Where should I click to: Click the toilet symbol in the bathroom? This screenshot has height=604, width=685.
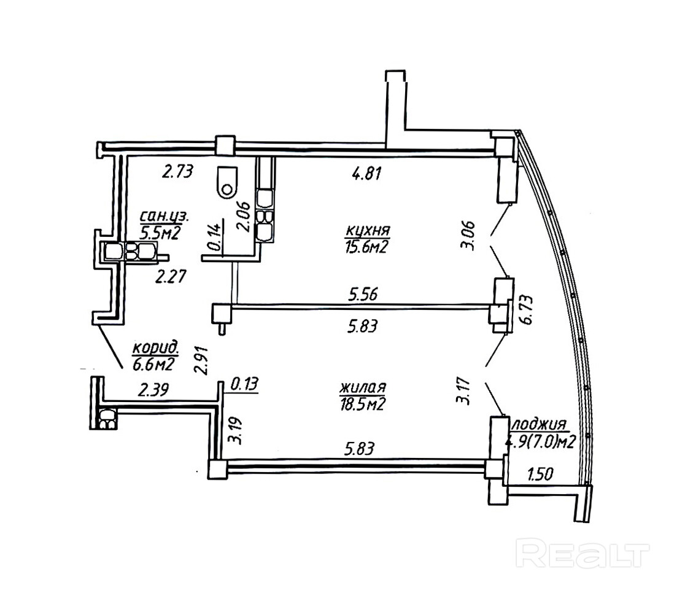pos(226,182)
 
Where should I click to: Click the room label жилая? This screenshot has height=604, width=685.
pos(363,387)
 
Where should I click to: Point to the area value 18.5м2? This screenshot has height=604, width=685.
pos(362,405)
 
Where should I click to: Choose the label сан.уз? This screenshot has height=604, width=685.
pos(164,215)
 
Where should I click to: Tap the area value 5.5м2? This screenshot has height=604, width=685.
pos(160,233)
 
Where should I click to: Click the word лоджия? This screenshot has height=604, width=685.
pos(539,424)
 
